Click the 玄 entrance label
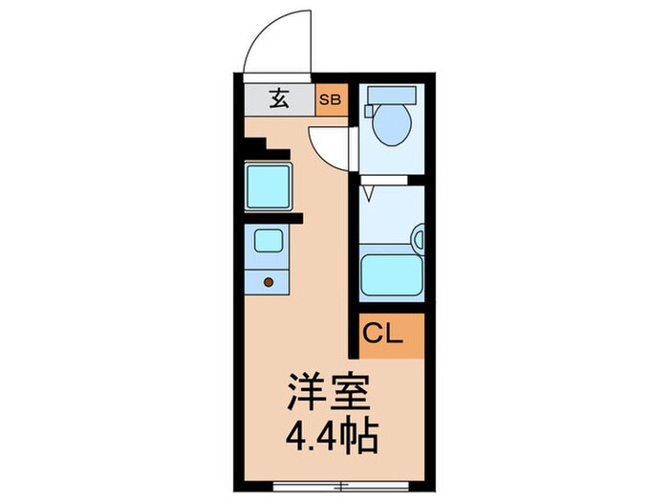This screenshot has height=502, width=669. [x=277, y=99]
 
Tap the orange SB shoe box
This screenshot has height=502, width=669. [x=332, y=99]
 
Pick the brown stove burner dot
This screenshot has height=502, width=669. [x=269, y=282]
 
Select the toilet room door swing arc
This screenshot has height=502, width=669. [x=330, y=148]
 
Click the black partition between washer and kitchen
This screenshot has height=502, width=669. [x=272, y=218]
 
